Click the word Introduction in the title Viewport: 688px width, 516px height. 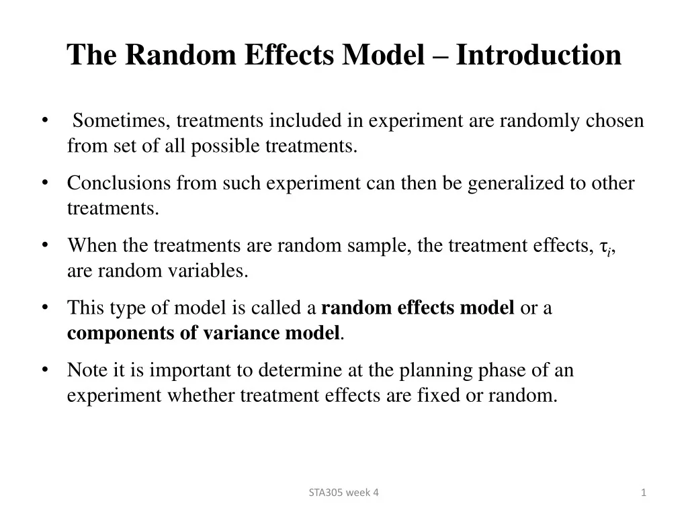tap(538, 55)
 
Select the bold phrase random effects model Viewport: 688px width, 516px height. tap(418, 308)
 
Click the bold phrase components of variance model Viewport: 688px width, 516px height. tap(204, 333)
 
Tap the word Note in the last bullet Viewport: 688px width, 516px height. tap(83, 370)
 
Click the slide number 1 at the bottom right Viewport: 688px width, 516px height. tap(644, 492)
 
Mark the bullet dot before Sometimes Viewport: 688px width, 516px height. tap(44, 121)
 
